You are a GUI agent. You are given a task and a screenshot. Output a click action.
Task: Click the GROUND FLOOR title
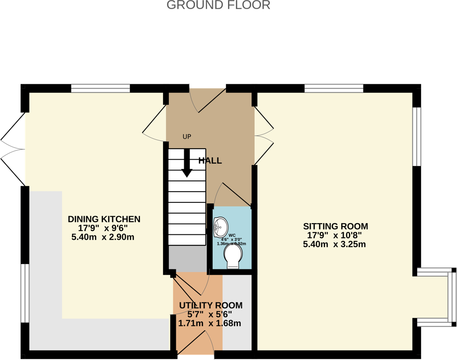pos(218,5)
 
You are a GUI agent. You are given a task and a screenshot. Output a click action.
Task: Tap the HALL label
pos(210,161)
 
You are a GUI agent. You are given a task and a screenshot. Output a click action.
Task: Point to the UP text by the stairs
pos(187,137)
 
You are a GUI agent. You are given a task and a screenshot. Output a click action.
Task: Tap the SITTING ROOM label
pos(335,227)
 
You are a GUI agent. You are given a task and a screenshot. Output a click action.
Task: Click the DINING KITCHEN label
pos(104,219)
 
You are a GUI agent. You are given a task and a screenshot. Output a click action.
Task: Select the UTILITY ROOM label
pos(210,305)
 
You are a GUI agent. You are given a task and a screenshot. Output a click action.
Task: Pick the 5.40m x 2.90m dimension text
pos(103,237)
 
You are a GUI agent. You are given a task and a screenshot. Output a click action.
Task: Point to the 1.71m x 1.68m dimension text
pos(209,324)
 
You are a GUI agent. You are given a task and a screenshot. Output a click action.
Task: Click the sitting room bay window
pos(449,297)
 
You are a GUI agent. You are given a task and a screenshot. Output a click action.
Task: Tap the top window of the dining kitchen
pos(100,89)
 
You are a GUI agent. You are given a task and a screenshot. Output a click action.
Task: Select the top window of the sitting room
pos(333,89)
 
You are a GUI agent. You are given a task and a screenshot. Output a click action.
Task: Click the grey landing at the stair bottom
pos(187,258)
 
